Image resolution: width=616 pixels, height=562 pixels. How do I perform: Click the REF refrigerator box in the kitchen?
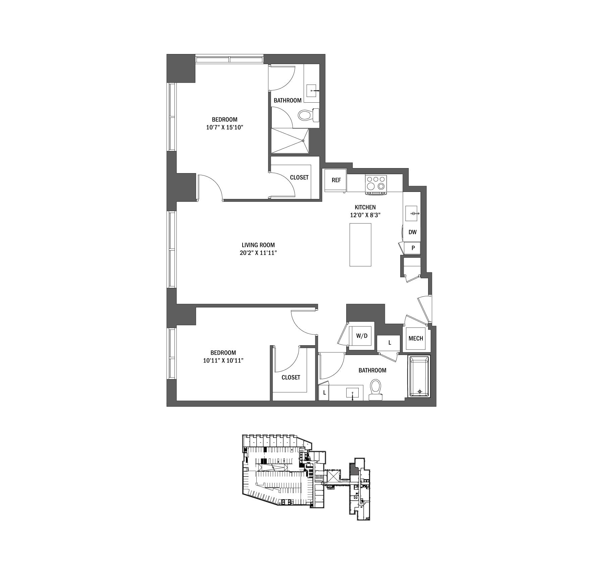pyautogui.click(x=336, y=180)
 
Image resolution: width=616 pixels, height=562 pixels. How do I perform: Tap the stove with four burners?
pyautogui.click(x=376, y=184)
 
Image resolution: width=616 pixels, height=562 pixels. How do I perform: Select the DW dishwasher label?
pyautogui.click(x=412, y=232)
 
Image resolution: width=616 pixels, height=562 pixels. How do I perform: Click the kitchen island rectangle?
pyautogui.click(x=360, y=245)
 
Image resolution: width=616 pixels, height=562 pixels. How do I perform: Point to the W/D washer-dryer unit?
pyautogui.click(x=362, y=336)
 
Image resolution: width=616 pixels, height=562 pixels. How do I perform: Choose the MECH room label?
pyautogui.click(x=416, y=339)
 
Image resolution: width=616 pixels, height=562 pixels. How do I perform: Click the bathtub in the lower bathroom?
pyautogui.click(x=419, y=376)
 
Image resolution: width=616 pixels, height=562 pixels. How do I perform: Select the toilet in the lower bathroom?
pyautogui.click(x=375, y=389)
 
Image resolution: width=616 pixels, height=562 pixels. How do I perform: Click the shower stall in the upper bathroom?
pyautogui.click(x=290, y=141)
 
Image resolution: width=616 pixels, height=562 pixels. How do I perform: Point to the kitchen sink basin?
pyautogui.click(x=411, y=213)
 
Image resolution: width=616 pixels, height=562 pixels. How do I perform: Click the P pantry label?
pyautogui.click(x=413, y=248)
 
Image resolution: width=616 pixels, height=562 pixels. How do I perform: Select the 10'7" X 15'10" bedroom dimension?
pyautogui.click(x=224, y=127)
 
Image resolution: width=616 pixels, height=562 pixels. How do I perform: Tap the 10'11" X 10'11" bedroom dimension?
pyautogui.click(x=223, y=361)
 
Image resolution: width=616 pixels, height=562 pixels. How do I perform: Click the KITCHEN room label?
pyautogui.click(x=365, y=207)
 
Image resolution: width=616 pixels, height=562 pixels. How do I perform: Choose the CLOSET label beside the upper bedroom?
pyautogui.click(x=299, y=177)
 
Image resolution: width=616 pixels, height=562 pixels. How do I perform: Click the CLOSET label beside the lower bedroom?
pyautogui.click(x=291, y=377)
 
